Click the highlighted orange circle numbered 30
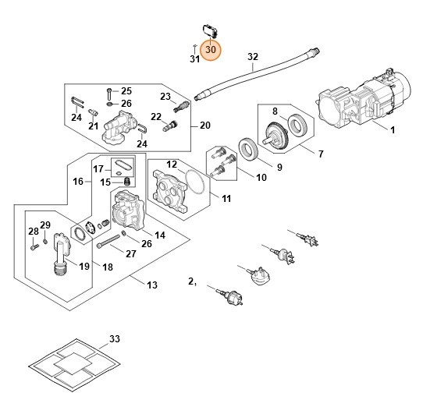(211, 49)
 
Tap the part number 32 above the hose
(252, 56)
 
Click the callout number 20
(205, 126)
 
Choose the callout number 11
(226, 199)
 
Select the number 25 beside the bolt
(126, 91)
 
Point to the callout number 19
(84, 267)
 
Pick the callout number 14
(159, 235)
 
